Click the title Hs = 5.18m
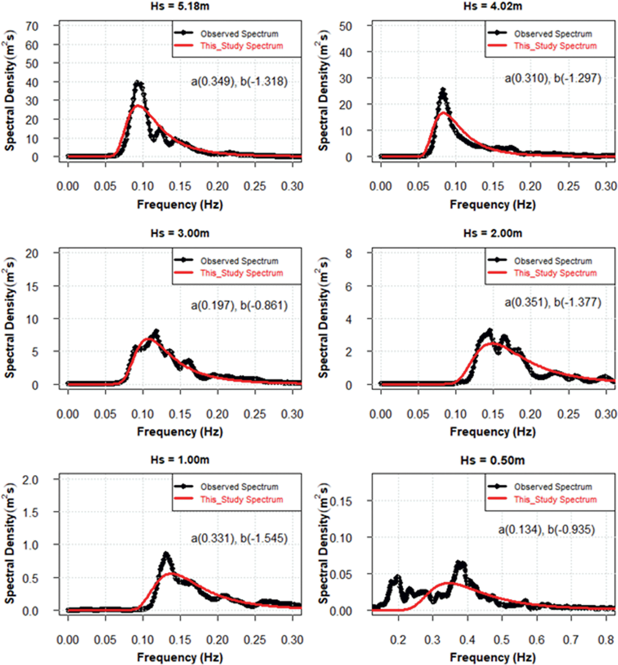(180, 6)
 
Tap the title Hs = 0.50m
(493, 460)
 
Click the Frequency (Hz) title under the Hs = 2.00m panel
(493, 431)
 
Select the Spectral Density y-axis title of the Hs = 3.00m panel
(10, 318)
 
